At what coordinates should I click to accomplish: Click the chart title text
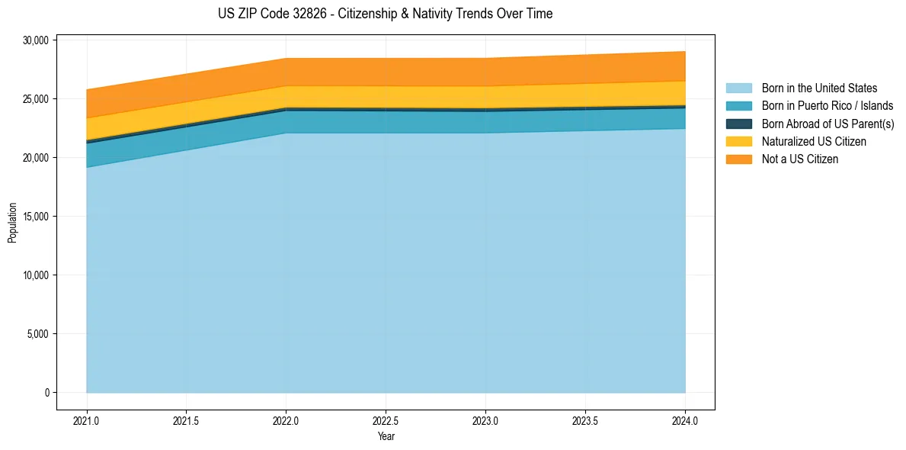[385, 14]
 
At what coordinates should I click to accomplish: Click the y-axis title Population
[12, 223]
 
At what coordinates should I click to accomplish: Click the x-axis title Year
[386, 436]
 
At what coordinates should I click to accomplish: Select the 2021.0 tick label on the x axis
[86, 420]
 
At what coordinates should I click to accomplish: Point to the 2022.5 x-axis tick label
[386, 420]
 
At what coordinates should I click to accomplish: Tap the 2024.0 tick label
[685, 420]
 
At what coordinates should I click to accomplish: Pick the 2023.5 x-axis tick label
[585, 420]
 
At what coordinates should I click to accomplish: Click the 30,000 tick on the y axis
[36, 40]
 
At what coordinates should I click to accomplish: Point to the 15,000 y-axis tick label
[36, 217]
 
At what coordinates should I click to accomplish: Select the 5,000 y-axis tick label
[38, 334]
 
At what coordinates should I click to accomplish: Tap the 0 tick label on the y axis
[46, 393]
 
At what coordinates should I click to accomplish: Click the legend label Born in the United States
[819, 88]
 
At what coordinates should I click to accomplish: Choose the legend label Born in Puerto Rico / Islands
[828, 106]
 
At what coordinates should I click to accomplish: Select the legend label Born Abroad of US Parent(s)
[828, 124]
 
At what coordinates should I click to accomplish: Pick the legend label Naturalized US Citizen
[814, 142]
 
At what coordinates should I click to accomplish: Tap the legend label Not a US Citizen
[800, 159]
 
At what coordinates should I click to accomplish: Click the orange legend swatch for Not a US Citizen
[738, 159]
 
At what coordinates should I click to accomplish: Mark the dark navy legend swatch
[738, 124]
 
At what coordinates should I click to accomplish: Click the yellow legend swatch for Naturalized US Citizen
[738, 142]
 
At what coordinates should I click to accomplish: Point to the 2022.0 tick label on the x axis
[286, 420]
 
